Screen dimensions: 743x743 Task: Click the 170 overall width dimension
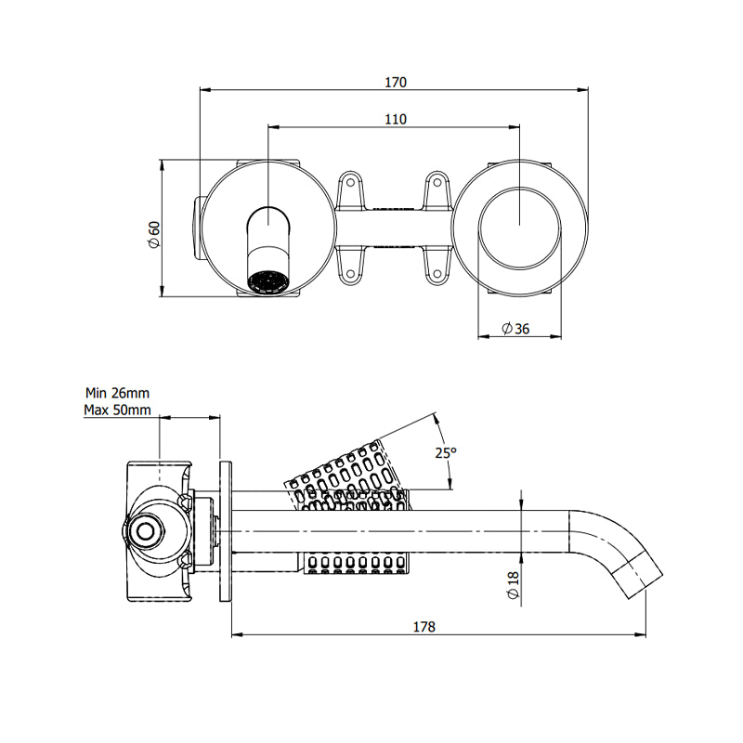click(396, 82)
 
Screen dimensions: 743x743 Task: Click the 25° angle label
click(447, 452)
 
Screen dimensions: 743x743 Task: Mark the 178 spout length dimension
click(424, 627)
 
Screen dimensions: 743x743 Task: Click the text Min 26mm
click(116, 393)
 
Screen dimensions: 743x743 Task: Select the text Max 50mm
click(116, 410)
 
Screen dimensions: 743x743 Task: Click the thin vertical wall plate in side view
click(225, 531)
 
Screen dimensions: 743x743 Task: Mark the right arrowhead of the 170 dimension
click(584, 90)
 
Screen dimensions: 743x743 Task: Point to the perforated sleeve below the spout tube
click(357, 562)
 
